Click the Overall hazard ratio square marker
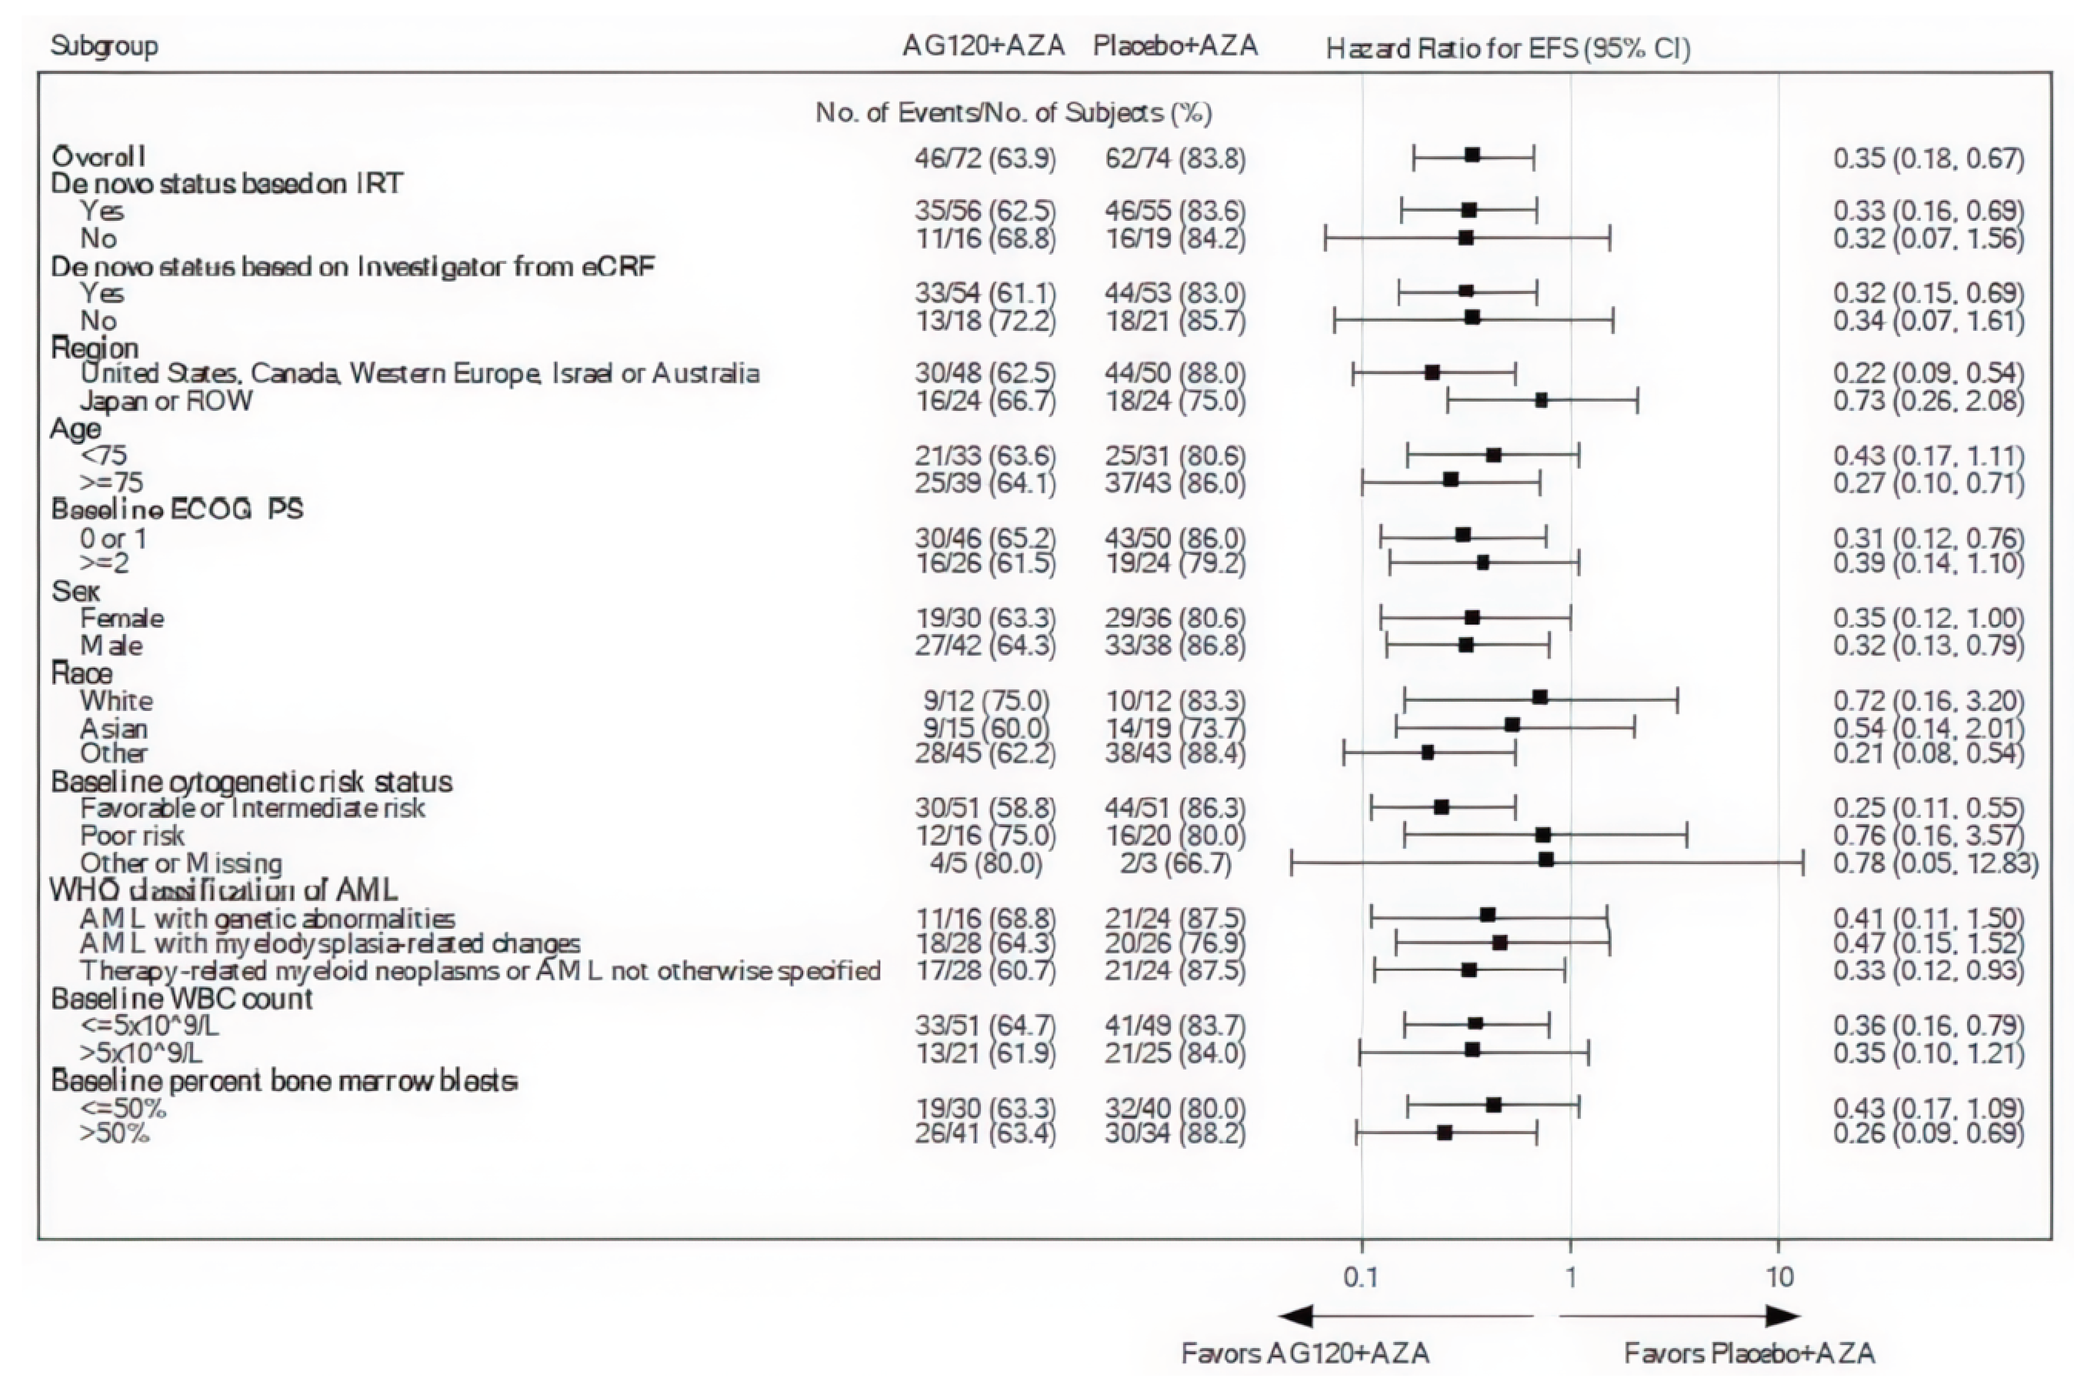[x=1472, y=155]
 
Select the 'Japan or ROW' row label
[x=166, y=401]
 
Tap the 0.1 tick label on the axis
[x=1361, y=1277]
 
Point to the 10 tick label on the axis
[x=1780, y=1277]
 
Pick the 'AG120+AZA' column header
[x=982, y=46]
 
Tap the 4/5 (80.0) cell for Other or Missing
[x=985, y=863]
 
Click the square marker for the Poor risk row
[x=1543, y=835]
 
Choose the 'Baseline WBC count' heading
[x=181, y=999]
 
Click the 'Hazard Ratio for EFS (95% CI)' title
[x=1508, y=48]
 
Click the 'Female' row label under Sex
[x=122, y=619]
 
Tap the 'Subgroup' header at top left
[x=104, y=46]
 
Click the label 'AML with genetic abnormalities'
[x=268, y=919]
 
